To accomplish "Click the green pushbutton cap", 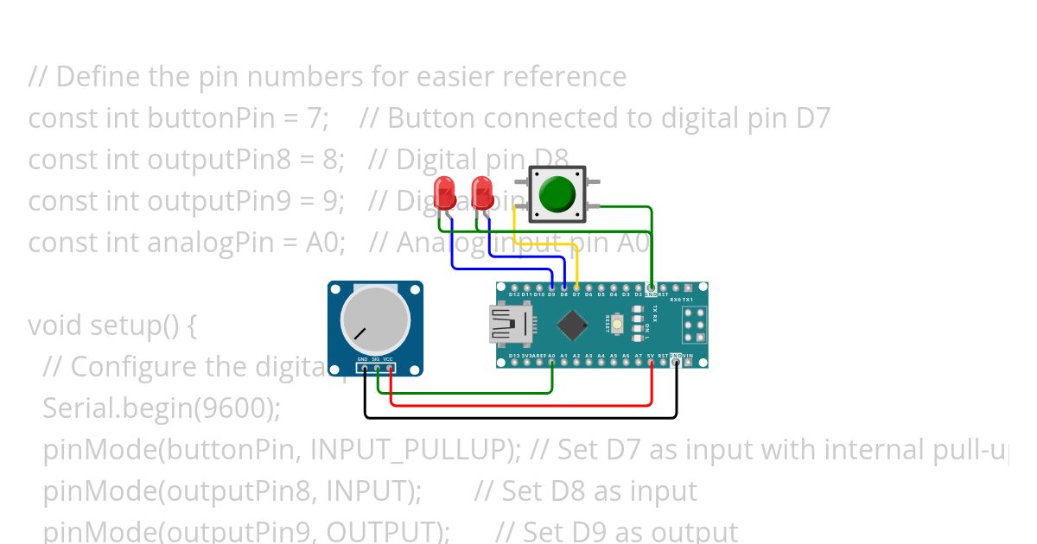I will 557,193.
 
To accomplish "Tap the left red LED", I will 445,192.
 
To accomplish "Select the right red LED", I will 481,192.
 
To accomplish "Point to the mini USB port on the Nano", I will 506,326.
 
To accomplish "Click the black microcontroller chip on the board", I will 572,325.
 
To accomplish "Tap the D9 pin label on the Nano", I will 551,294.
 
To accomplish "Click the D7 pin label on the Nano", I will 576,294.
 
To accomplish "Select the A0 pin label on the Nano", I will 551,355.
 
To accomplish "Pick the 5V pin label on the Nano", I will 651,355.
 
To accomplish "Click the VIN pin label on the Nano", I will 688,355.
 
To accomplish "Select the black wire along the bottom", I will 518,418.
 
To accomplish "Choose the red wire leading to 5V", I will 518,404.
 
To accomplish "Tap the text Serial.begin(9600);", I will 162,408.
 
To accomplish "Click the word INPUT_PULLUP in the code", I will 407,450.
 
